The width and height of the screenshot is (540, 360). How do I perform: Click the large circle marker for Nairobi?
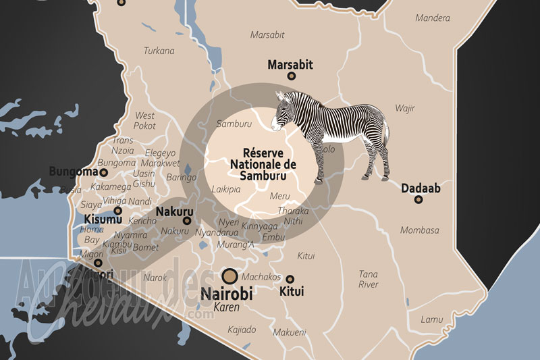(230, 275)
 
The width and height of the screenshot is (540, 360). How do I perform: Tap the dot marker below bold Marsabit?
(292, 76)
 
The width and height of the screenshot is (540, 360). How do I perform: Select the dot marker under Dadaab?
(418, 199)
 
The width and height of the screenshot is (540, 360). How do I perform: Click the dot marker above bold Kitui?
(290, 279)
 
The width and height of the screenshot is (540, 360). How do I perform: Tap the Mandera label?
(432, 18)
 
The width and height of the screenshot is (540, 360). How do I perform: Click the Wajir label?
(405, 108)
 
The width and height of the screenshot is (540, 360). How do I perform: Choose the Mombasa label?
(419, 230)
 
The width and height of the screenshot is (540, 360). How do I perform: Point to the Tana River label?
(369, 279)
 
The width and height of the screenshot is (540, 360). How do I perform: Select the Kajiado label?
(242, 330)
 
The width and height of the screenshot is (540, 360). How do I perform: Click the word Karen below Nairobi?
(227, 307)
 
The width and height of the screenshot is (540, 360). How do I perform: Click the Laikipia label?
(226, 190)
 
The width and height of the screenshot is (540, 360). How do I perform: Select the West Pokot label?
(144, 120)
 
